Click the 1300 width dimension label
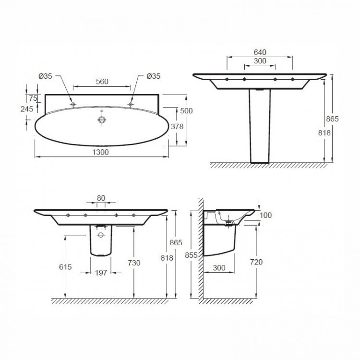[100, 152]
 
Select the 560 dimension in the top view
[102, 82]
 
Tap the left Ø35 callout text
[45, 76]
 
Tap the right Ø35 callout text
[154, 76]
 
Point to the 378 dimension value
[177, 126]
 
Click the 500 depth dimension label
[186, 111]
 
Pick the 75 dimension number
[33, 98]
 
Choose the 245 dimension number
[27, 109]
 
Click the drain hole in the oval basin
[102, 120]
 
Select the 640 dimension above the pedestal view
[260, 52]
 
